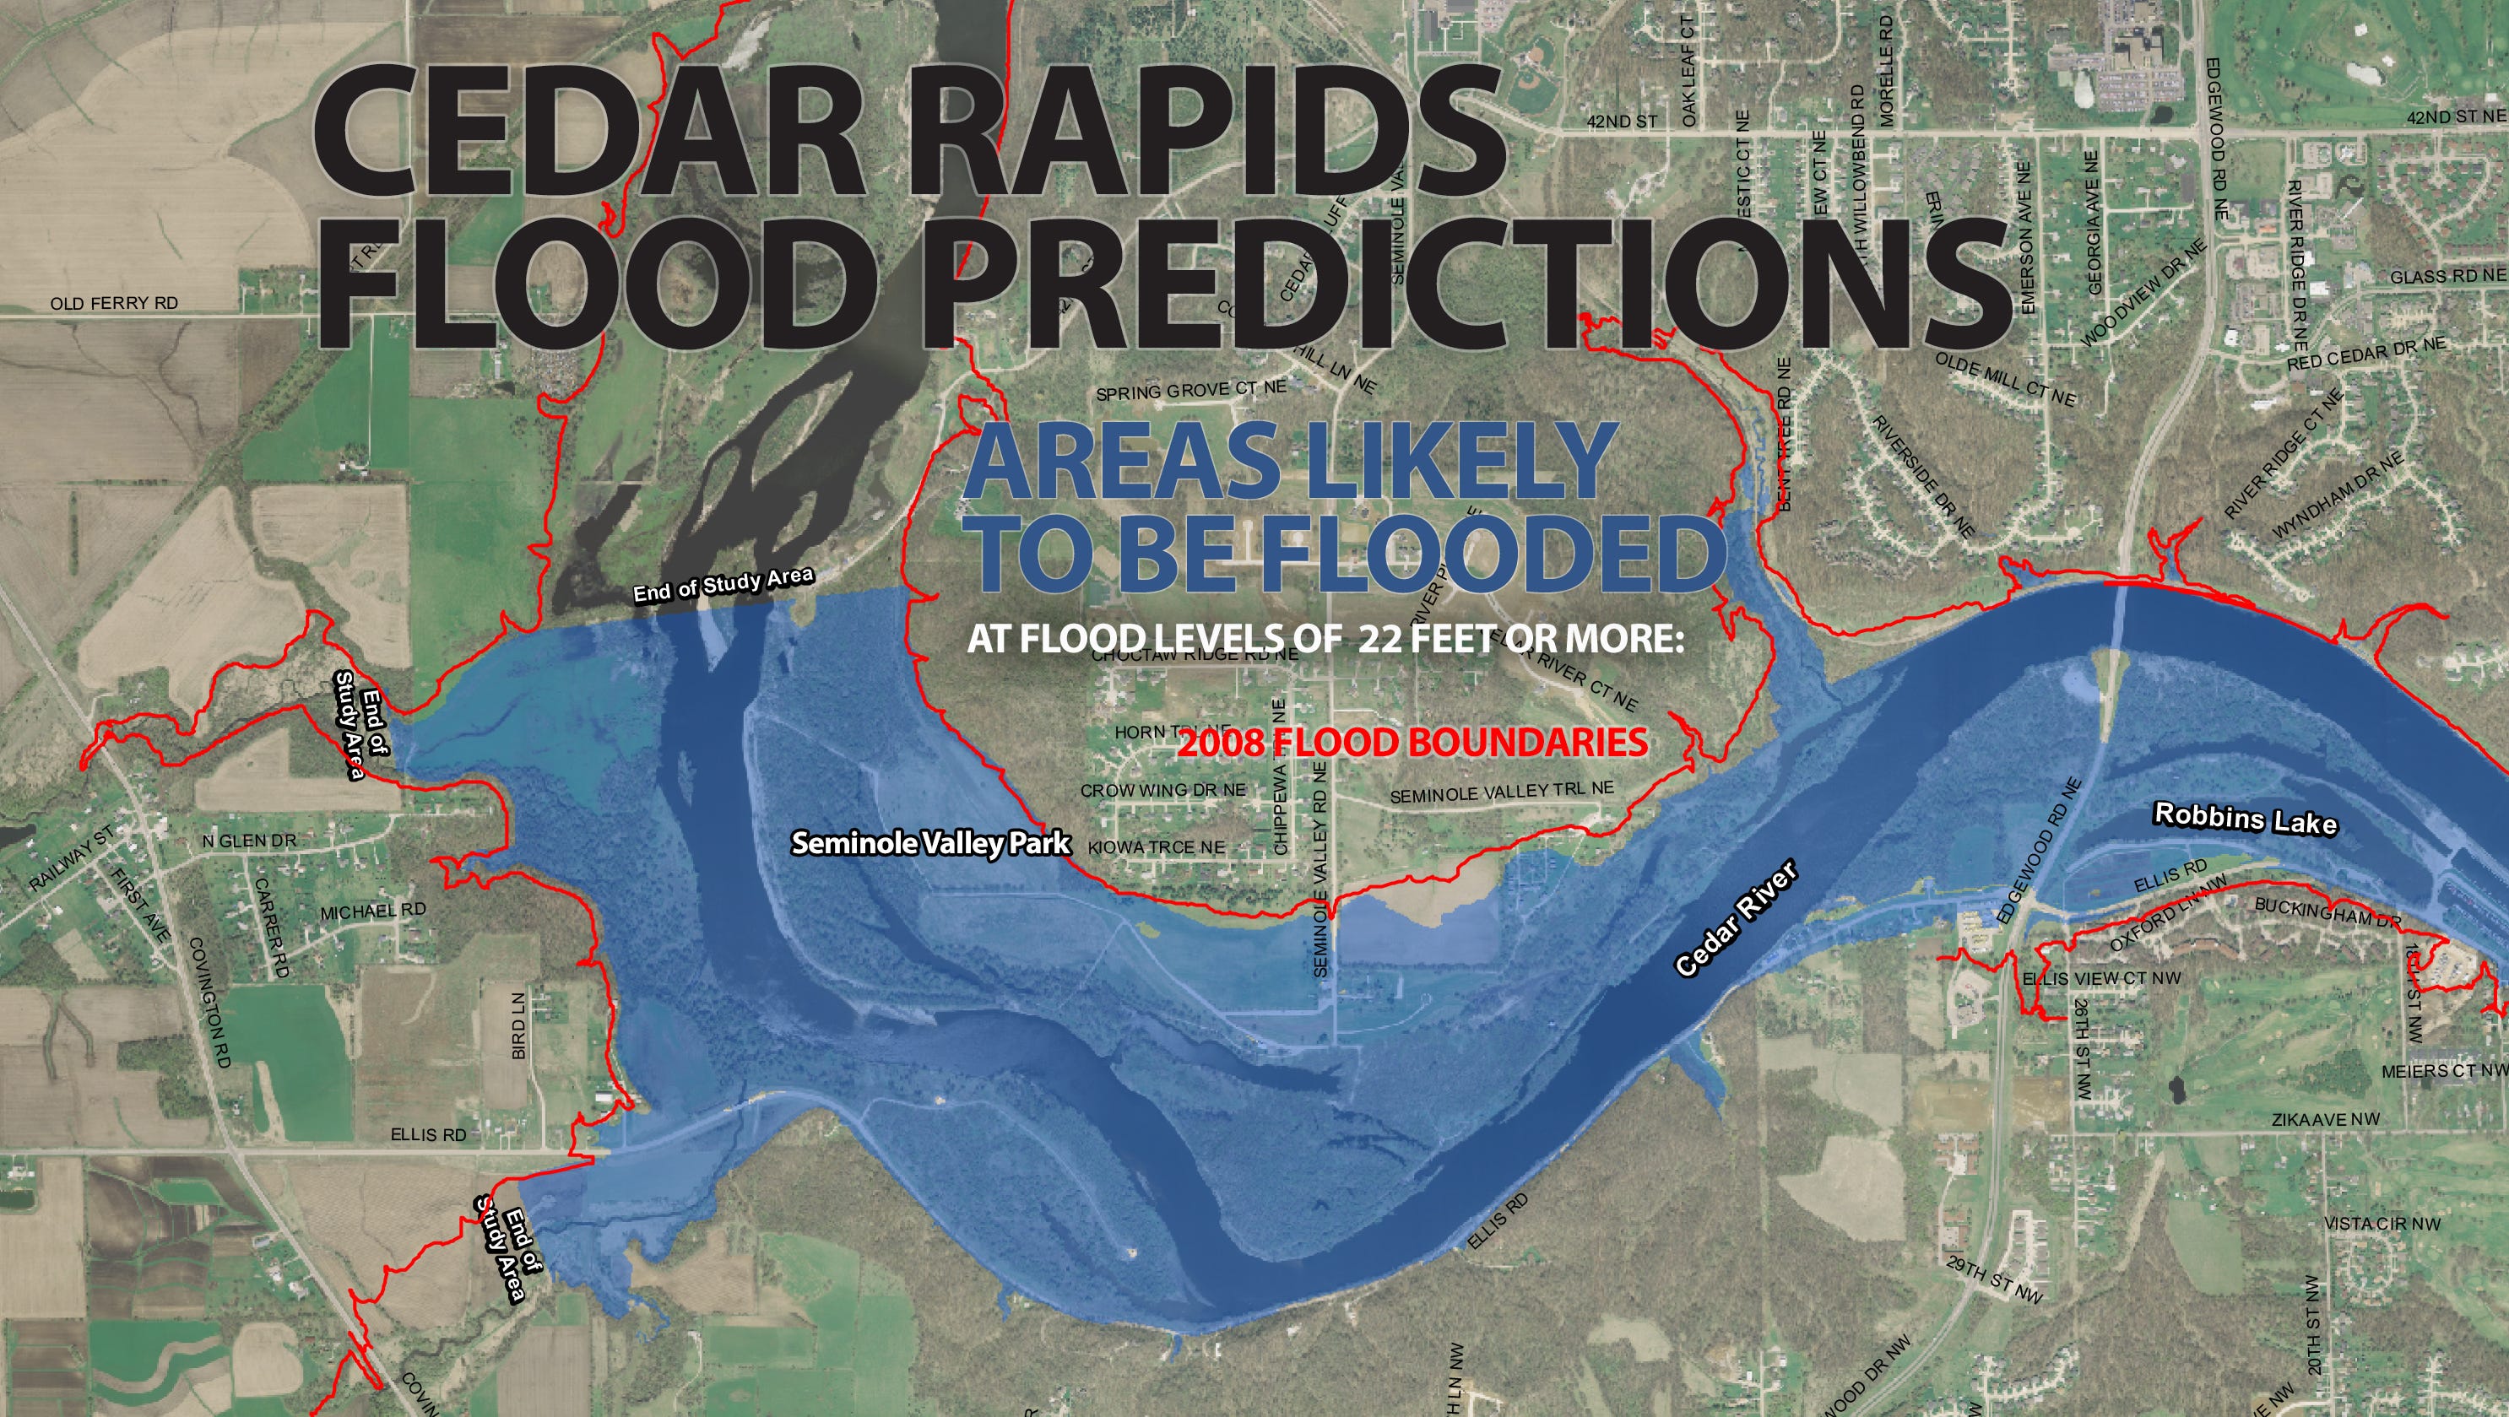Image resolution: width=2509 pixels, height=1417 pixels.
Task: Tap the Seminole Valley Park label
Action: [x=930, y=842]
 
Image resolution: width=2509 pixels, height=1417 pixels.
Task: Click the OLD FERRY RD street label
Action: [x=114, y=304]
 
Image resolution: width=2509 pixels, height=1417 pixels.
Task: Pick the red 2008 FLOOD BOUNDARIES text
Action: [x=1412, y=743]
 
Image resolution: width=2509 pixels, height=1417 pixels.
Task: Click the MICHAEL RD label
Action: [x=373, y=911]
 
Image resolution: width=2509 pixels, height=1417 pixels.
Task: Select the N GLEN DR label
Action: [x=249, y=841]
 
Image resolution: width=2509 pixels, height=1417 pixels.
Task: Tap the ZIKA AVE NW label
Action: [x=2325, y=1120]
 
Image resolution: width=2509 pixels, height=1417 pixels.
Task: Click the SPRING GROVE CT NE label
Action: [x=1191, y=391]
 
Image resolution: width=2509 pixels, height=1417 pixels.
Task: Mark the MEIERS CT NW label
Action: [x=2444, y=1071]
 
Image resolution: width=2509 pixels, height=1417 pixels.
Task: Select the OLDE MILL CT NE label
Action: [x=2004, y=379]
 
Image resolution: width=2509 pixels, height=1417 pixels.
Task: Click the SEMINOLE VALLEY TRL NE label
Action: [x=1501, y=792]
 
